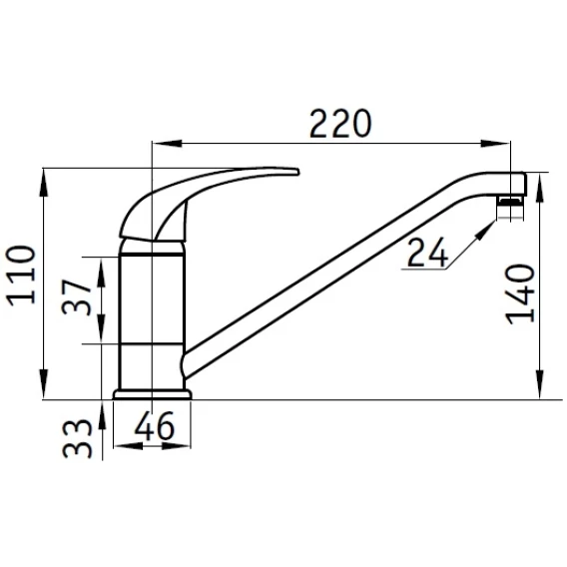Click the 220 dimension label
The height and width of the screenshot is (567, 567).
click(340, 124)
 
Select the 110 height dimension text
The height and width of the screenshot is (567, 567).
click(22, 276)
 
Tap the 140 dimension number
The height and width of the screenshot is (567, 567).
click(520, 293)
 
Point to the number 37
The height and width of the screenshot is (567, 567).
click(76, 296)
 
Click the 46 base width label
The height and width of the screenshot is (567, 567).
click(155, 425)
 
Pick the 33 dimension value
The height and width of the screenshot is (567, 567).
click(77, 438)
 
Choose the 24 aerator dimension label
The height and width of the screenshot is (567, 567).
click(427, 253)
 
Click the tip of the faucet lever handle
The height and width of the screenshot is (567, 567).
click(298, 172)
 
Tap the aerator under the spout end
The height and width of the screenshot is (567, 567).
click(510, 201)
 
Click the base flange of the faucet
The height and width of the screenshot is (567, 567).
click(153, 394)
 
